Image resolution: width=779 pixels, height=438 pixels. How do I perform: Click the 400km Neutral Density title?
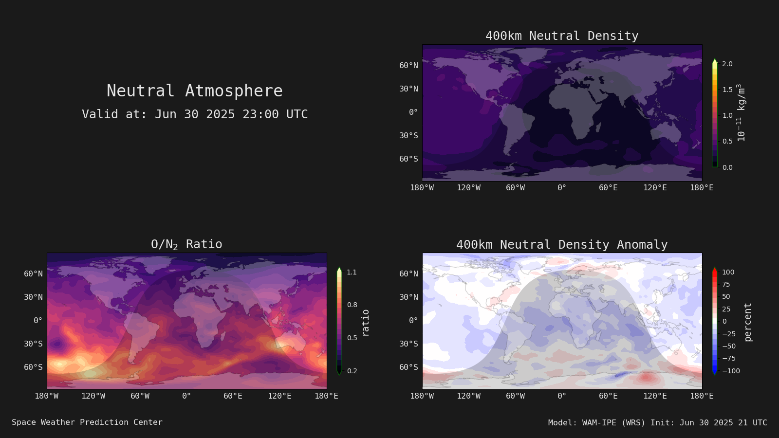tap(562, 36)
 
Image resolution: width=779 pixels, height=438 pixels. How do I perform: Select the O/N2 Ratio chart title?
tap(186, 244)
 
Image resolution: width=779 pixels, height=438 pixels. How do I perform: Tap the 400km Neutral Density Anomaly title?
tap(562, 245)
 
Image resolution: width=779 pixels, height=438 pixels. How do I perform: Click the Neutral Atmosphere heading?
tap(195, 91)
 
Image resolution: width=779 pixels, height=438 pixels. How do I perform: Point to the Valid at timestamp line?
tap(195, 114)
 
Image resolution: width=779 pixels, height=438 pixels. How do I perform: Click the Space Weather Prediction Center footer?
tap(87, 422)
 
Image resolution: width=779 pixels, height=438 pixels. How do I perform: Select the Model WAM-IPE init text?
tap(658, 423)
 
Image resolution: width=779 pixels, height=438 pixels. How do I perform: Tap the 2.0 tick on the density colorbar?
tap(727, 64)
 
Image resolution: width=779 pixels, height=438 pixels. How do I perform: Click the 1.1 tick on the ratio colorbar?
tap(352, 272)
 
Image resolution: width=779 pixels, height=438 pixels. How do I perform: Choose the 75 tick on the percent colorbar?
tap(726, 284)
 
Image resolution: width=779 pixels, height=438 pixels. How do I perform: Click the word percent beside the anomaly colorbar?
tap(748, 322)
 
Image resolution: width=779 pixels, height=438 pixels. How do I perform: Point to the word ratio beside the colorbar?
tap(365, 323)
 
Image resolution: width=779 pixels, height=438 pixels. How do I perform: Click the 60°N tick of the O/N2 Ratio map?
tap(34, 274)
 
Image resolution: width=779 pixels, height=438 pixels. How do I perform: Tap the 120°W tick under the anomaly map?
tap(468, 396)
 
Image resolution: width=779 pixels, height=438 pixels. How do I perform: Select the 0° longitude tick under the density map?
tap(562, 188)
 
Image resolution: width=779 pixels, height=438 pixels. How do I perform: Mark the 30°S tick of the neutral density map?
tap(408, 136)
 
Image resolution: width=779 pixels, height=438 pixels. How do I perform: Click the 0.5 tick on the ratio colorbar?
tap(352, 338)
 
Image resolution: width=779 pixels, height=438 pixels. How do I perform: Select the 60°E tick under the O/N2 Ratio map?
tap(233, 396)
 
